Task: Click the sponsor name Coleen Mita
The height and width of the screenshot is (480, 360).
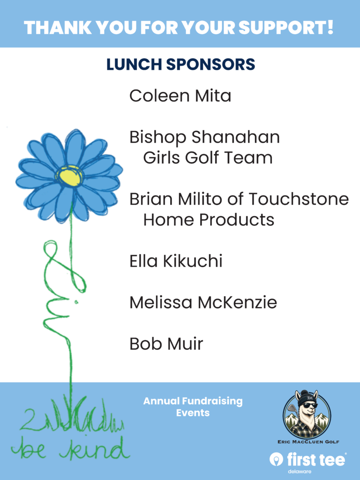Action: [180, 96]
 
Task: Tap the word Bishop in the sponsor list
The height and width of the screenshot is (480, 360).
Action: [157, 138]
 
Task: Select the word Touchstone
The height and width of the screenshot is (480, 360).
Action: [299, 199]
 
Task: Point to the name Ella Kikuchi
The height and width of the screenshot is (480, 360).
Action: [176, 261]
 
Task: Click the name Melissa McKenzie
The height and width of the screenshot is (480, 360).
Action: [203, 302]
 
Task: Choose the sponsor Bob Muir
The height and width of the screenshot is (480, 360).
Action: [166, 344]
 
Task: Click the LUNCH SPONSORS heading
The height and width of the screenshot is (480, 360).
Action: [180, 64]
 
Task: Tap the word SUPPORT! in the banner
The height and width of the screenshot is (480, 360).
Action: [285, 27]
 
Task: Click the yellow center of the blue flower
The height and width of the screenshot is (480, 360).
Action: [69, 177]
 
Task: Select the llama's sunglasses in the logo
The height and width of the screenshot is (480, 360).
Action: [308, 406]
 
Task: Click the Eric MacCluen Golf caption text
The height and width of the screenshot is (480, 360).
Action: [308, 442]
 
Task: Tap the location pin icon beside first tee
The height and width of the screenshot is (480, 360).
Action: [276, 459]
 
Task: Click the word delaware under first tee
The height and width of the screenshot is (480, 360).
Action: [300, 472]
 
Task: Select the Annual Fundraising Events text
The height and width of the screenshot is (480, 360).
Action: [193, 407]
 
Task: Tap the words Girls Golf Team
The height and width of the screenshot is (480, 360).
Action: [208, 158]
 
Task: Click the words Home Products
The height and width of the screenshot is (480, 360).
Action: [209, 220]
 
